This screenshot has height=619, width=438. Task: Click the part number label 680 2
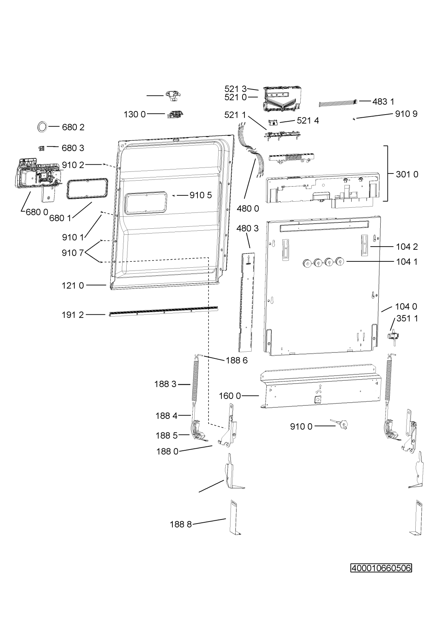tap(73, 127)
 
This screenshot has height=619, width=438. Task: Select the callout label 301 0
tap(407, 174)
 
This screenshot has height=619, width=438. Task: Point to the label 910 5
tap(200, 195)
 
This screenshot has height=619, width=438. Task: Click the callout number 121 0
tap(73, 286)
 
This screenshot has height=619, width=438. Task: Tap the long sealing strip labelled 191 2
tap(163, 311)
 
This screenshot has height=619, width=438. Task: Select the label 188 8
tap(181, 524)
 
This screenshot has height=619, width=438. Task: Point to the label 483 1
tap(383, 102)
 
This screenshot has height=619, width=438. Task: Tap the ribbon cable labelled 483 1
tap(339, 103)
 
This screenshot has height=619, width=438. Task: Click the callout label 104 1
tap(407, 261)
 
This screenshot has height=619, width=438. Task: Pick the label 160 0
tap(230, 396)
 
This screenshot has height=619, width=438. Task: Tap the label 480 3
tap(248, 228)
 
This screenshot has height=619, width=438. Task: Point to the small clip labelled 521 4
tap(274, 122)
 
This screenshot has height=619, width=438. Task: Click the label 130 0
tap(135, 114)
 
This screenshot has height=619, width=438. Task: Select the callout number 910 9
tap(406, 113)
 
